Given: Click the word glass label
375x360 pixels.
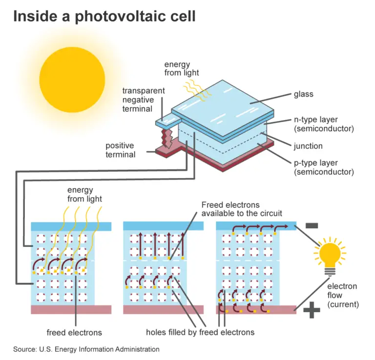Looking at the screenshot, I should pyautogui.click(x=303, y=94).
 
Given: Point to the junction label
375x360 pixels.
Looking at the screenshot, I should pyautogui.click(x=308, y=146).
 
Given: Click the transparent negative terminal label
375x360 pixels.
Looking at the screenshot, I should pyautogui.click(x=144, y=100).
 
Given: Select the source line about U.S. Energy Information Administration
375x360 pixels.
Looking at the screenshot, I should pyautogui.click(x=86, y=349).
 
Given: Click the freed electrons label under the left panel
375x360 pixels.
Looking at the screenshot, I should pyautogui.click(x=74, y=333).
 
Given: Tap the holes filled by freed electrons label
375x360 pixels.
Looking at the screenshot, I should pyautogui.click(x=200, y=333).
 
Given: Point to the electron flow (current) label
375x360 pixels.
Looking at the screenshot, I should pyautogui.click(x=343, y=295).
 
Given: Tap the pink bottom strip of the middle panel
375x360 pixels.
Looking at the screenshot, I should pyautogui.click(x=163, y=310).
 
